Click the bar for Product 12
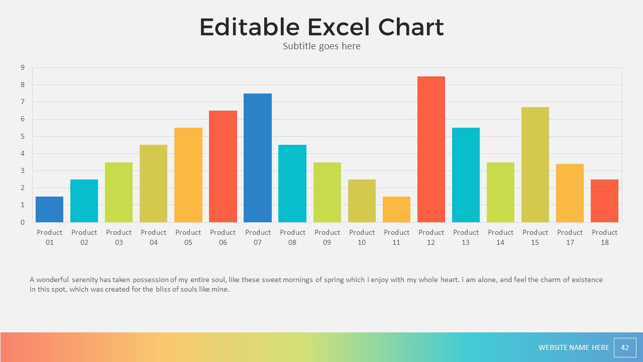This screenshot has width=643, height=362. click(431, 149)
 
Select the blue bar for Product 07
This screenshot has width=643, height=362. click(258, 158)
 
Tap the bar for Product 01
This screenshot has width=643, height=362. click(49, 209)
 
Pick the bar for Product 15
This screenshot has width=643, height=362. click(535, 164)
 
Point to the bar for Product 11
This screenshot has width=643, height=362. click(396, 209)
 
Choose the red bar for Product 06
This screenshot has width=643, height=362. click(223, 166)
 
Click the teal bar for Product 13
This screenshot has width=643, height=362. click(466, 175)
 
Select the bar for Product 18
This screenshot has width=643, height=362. click(604, 201)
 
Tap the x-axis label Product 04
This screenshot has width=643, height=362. click(154, 237)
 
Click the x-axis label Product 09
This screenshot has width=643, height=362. click(327, 237)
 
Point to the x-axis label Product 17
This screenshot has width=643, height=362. click(570, 237)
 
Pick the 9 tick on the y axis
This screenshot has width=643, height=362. click(23, 67)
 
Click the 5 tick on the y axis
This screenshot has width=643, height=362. click(23, 136)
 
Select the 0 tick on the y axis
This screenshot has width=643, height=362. click(23, 222)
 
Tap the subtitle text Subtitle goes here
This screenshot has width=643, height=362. click(321, 46)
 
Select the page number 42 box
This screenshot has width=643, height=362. click(625, 347)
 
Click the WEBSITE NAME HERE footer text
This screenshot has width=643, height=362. click(574, 347)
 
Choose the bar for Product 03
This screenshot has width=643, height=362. click(119, 192)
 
